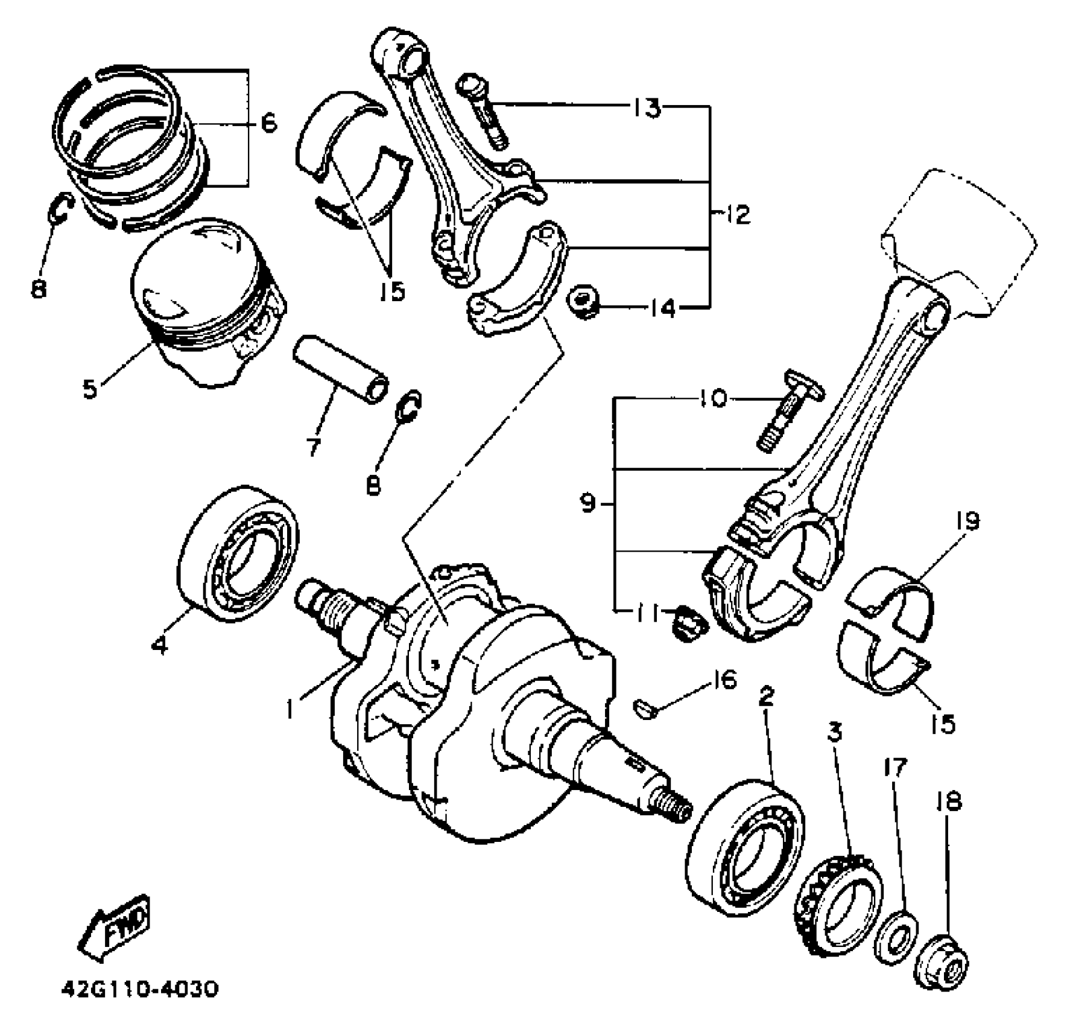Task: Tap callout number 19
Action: pos(967,521)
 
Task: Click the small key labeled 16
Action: pos(644,708)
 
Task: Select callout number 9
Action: pos(588,502)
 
